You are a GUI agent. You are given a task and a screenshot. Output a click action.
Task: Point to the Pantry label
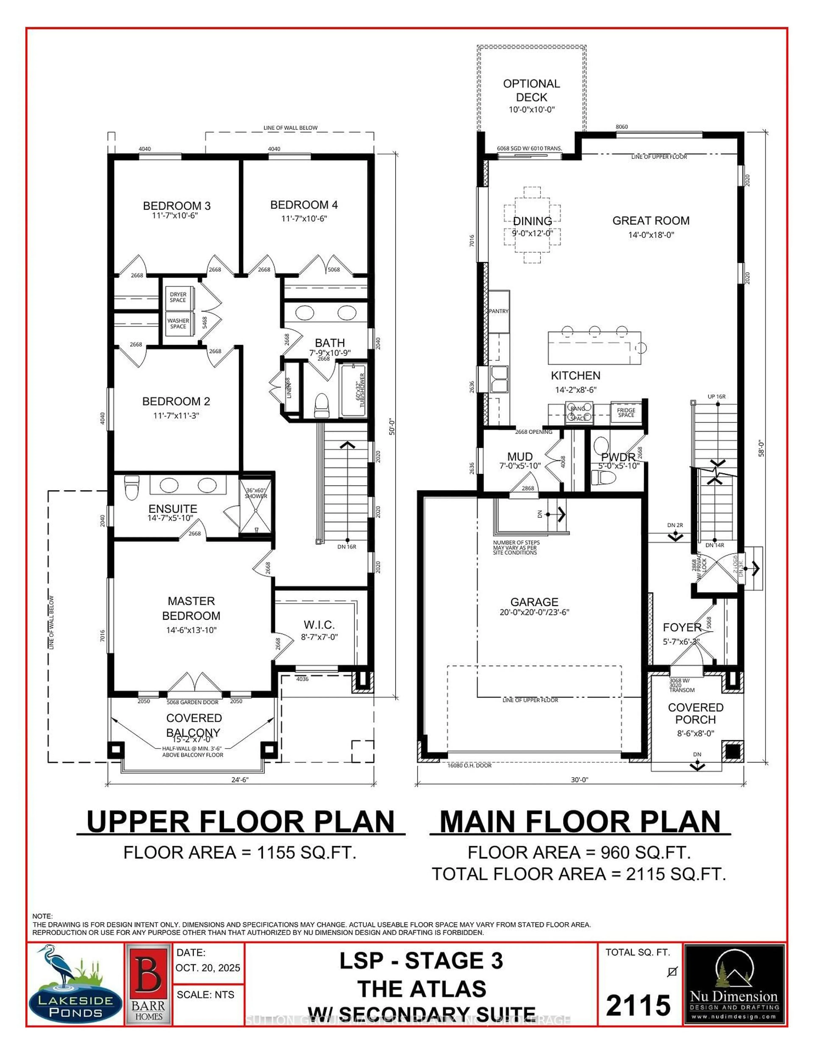(498, 311)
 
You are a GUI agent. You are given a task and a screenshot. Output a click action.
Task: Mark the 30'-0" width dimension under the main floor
(580, 779)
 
